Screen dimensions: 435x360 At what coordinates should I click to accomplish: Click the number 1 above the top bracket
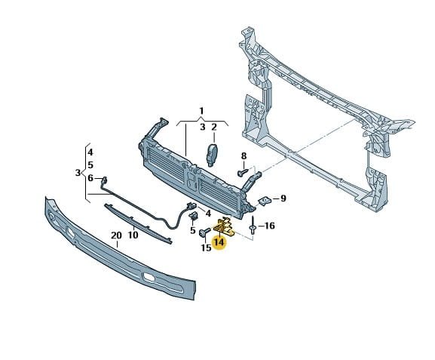pos(202,111)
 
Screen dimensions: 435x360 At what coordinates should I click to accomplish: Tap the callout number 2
pos(214,128)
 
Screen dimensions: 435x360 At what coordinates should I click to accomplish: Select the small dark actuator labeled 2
pos(212,155)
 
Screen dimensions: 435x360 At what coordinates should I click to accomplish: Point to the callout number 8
pos(244,156)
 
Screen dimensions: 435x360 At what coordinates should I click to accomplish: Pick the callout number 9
pos(283,198)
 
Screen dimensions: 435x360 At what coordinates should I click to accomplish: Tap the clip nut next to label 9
pos(265,200)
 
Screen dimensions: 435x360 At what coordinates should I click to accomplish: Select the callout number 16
pos(268,226)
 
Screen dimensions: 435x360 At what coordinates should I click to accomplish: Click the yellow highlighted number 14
pos(219,242)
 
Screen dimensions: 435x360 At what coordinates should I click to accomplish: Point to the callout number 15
pos(206,248)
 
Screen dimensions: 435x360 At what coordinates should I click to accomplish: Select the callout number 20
pos(116,235)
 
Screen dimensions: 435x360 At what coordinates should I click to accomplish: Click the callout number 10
pos(133,235)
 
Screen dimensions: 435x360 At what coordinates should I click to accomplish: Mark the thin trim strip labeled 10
pos(138,223)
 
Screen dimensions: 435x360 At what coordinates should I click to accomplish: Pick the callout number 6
pos(90,178)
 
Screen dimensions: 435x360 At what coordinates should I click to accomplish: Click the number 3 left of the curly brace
pos(78,173)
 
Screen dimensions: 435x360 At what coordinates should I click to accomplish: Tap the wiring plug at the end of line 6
pos(104,180)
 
